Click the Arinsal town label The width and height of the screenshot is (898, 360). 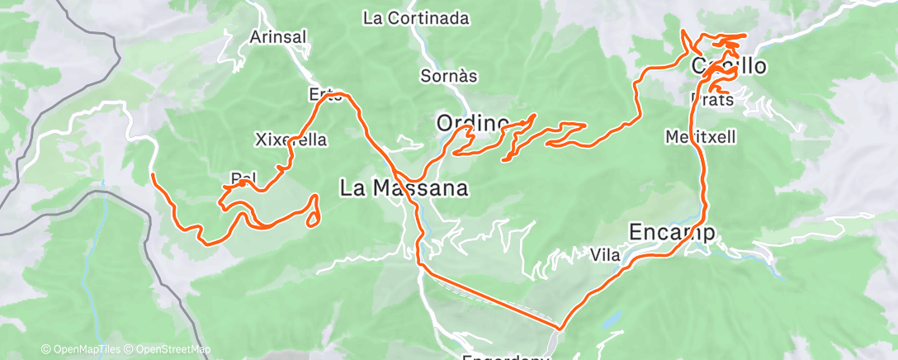pyautogui.click(x=278, y=36)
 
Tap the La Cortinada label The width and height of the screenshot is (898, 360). pyautogui.click(x=416, y=17)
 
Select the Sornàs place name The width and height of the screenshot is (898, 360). pyautogui.click(x=449, y=76)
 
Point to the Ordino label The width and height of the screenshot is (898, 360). pyautogui.click(x=472, y=123)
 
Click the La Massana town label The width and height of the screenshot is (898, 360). pyautogui.click(x=404, y=188)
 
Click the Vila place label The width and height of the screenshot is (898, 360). pyautogui.click(x=605, y=255)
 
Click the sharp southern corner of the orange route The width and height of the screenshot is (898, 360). pyautogui.click(x=559, y=328)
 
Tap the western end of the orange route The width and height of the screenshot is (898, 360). pyautogui.click(x=154, y=175)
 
